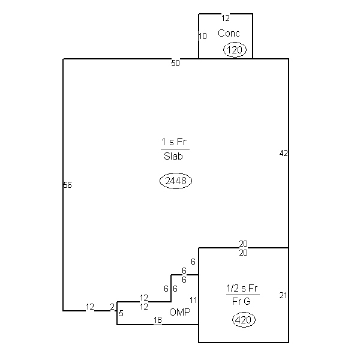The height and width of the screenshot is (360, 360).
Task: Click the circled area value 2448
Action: [176, 181]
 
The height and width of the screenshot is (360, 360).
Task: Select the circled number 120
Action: [235, 50]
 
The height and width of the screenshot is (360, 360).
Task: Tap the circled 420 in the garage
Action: [244, 320]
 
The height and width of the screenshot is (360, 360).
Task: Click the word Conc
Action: [229, 33]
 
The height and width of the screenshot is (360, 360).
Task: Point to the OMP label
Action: [180, 312]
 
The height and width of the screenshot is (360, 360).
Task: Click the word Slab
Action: [173, 157]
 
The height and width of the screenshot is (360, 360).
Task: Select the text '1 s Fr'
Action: [174, 142]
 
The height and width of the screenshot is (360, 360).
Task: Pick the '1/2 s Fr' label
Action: [242, 288]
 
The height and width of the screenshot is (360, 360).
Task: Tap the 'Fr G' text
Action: [241, 301]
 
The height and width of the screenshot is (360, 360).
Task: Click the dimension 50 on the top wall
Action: [175, 63]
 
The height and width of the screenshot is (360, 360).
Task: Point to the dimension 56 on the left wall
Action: [67, 185]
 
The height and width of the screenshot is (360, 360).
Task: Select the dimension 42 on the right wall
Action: [284, 153]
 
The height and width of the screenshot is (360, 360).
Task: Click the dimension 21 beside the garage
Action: [283, 295]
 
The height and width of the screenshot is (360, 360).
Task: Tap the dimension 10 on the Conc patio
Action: [203, 36]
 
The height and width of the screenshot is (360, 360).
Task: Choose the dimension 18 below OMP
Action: [158, 320]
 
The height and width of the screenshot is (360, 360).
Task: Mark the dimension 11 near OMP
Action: [194, 300]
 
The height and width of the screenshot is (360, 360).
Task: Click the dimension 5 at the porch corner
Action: [121, 313]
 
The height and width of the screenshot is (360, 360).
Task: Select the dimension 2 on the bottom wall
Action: [112, 307]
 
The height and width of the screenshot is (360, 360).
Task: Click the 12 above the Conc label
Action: [226, 18]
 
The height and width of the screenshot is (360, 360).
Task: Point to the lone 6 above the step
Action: [193, 262]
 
